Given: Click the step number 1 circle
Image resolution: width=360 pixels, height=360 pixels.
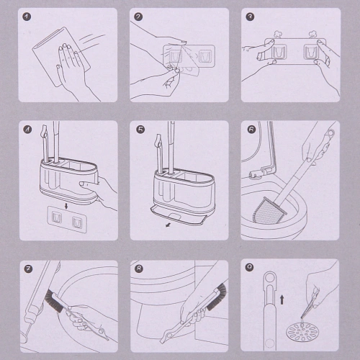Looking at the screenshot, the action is [x=27, y=17].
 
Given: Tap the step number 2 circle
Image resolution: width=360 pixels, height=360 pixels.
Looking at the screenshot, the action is [x=138, y=17].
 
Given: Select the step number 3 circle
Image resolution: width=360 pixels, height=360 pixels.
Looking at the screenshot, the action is [x=250, y=17].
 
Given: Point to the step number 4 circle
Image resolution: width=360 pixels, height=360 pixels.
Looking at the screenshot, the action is [x=27, y=130].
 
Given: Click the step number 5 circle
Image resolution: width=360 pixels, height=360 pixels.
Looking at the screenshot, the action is [x=140, y=130].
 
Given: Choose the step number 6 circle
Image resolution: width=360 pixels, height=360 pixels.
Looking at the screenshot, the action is [x=251, y=130].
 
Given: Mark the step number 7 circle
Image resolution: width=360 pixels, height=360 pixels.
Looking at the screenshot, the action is [x=28, y=269].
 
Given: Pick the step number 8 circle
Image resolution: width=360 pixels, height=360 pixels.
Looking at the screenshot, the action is [x=139, y=269].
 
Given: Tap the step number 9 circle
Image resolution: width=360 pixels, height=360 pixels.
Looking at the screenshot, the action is [x=250, y=267].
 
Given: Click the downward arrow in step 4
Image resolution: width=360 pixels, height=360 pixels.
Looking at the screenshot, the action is [x=66, y=206].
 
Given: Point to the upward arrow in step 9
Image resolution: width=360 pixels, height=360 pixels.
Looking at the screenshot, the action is [x=282, y=300].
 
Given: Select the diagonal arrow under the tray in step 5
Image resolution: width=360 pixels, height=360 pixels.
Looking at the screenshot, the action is [x=168, y=225].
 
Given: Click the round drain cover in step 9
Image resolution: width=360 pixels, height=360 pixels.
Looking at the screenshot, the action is [x=302, y=333].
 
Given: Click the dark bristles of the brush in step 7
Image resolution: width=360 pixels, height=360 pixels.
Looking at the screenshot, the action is [x=54, y=301].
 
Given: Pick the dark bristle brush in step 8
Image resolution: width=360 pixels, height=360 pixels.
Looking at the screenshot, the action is [x=217, y=297].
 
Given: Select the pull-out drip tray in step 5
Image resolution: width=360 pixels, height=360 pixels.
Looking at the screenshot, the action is [x=179, y=217].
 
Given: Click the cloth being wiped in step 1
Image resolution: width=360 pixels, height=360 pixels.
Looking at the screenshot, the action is [x=61, y=57].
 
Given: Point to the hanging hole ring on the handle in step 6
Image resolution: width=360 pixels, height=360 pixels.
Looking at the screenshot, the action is [x=330, y=132].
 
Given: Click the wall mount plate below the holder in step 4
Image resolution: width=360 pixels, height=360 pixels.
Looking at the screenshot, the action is [x=67, y=220].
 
